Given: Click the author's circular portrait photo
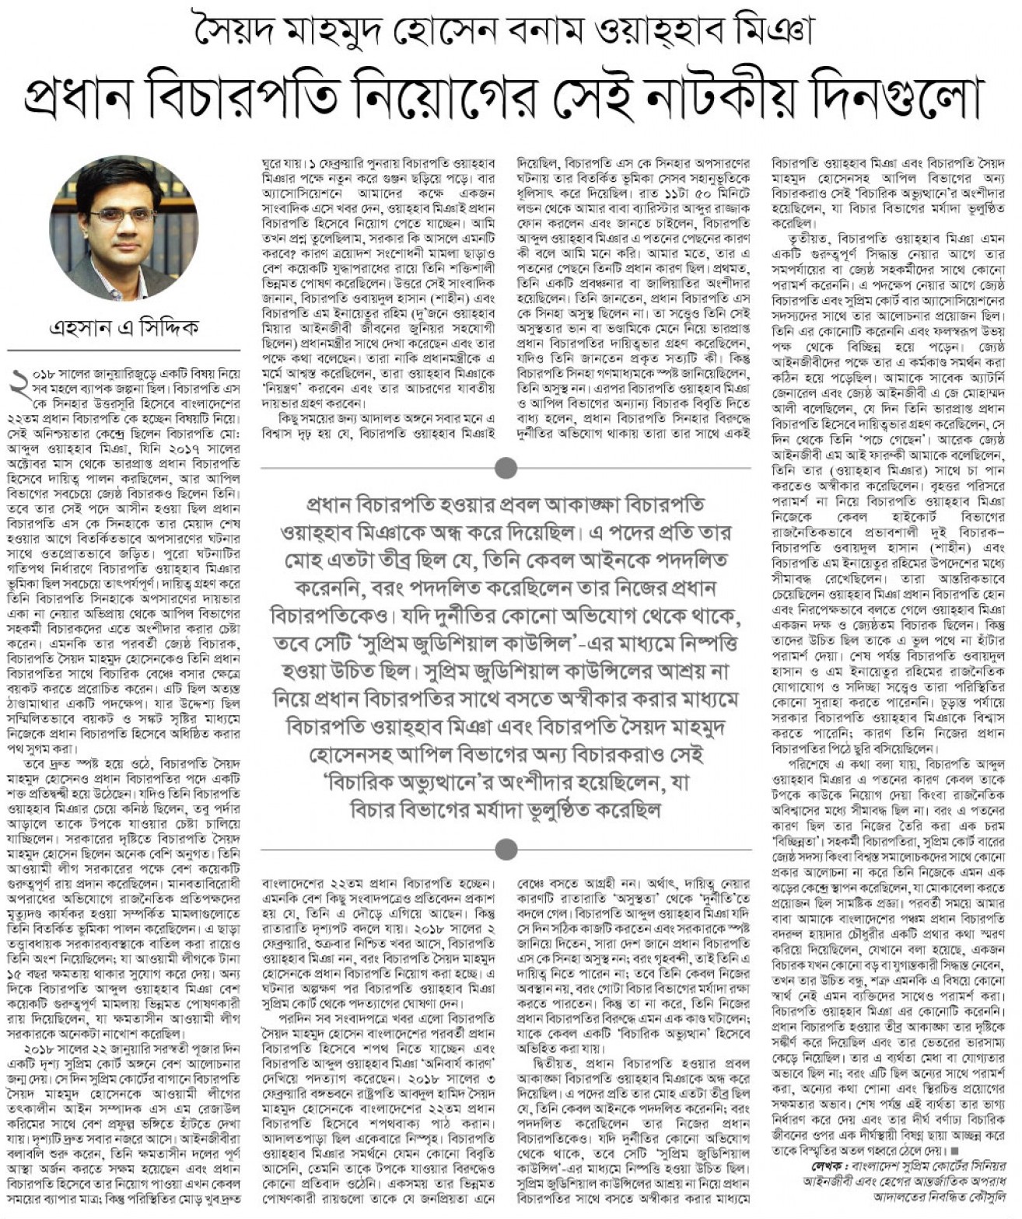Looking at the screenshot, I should [124, 228].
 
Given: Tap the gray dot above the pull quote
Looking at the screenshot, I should [506, 468].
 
